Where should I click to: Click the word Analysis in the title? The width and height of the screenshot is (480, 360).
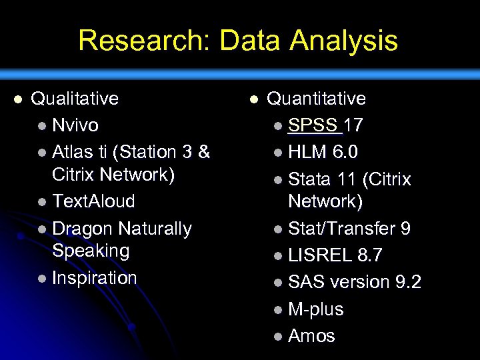[x=344, y=41]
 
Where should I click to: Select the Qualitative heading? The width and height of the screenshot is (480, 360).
[x=75, y=99]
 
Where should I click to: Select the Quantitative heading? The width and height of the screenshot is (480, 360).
[x=316, y=99]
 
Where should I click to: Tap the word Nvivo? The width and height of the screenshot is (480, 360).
[x=75, y=125]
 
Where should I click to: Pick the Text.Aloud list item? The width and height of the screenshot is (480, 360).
[x=93, y=201]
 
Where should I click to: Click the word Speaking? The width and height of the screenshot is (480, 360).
[x=91, y=251]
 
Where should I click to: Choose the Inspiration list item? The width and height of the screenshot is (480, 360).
[x=94, y=278]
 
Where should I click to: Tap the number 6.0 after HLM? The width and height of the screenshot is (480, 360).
[x=345, y=153]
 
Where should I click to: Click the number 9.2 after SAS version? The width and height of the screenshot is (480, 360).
[x=408, y=283]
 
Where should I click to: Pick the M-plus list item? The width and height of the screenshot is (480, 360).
[x=315, y=309]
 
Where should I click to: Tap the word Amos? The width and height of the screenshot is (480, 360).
[x=311, y=336]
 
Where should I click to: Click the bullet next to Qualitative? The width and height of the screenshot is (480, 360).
[x=18, y=99]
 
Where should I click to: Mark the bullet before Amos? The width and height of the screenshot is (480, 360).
[x=278, y=337]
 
